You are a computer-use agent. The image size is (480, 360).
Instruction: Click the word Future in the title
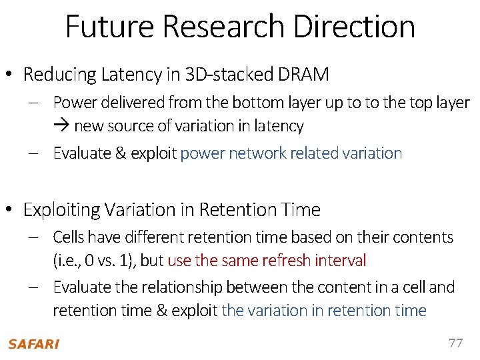pos(110,27)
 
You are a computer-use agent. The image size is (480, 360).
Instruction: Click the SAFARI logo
pos(33,344)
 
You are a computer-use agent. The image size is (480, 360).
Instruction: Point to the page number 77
pos(455,343)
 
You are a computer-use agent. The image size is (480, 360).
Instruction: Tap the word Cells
pos(69,237)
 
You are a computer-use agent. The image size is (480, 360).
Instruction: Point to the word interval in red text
pos(343,260)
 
